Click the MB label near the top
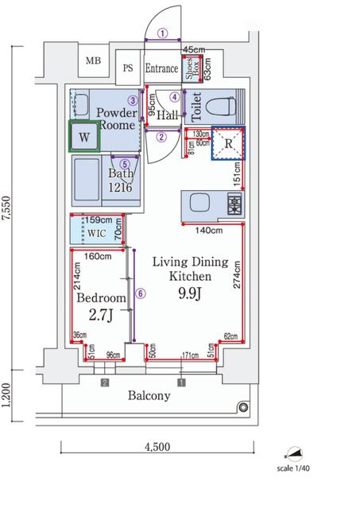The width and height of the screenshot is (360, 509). coord(93,60)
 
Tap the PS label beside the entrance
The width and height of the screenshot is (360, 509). coord(128,68)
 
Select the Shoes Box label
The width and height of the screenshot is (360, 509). coord(192,69)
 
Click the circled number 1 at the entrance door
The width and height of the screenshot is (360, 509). coord(163,33)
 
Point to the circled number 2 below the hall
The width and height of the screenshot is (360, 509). coord(161,137)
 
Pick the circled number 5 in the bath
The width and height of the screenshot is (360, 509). coord(125,165)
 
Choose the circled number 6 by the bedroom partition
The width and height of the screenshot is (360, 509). coord(140,293)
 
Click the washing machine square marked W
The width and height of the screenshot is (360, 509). coord(84,136)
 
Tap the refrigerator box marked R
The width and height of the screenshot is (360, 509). coord(228,143)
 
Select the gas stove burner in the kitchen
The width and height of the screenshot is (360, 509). coord(234,204)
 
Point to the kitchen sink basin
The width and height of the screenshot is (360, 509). coord(199,204)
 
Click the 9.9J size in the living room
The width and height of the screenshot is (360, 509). coord(190,293)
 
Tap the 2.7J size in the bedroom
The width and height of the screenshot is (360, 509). coord(101,315)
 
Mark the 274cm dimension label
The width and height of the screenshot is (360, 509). coord(237,274)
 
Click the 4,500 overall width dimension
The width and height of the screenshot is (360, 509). coord(157,447)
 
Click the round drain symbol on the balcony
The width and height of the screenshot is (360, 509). coord(243,407)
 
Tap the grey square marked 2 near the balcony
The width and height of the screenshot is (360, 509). coord(104,383)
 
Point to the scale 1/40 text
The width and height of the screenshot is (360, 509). coord(293,468)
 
